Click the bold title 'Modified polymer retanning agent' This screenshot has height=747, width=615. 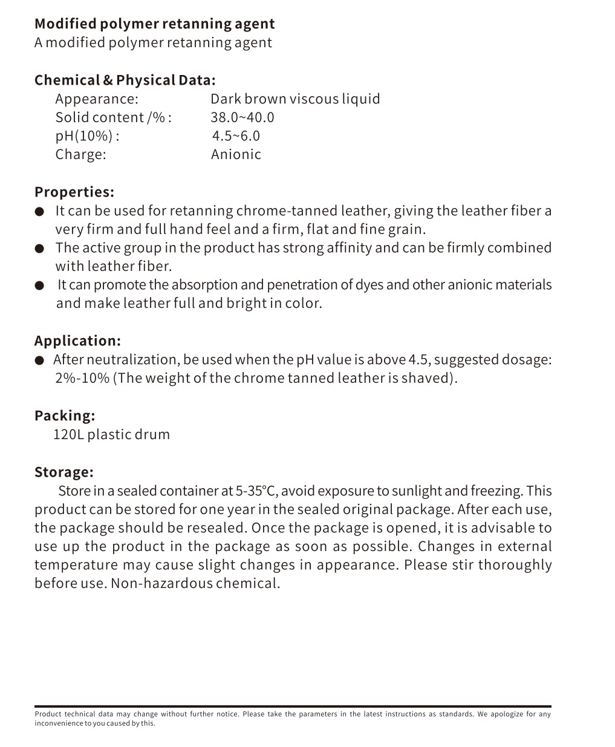[154, 24]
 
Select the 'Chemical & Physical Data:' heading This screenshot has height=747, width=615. [125, 80]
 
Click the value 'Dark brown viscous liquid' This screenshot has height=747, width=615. [295, 99]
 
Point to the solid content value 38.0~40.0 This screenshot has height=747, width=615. [242, 117]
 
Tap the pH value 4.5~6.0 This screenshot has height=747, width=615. [236, 136]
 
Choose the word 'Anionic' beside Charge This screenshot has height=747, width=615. [236, 154]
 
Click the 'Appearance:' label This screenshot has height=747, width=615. [97, 99]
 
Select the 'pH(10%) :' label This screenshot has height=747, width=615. [87, 136]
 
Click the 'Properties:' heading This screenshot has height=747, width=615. [74, 192]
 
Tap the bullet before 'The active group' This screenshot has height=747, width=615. [39, 249]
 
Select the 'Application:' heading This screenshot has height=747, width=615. [77, 341]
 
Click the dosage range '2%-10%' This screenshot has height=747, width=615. [82, 379]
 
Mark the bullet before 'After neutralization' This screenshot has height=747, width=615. [39, 360]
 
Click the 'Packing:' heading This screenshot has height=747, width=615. [65, 416]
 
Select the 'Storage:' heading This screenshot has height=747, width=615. [64, 472]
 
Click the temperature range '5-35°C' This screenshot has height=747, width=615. [256, 491]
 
